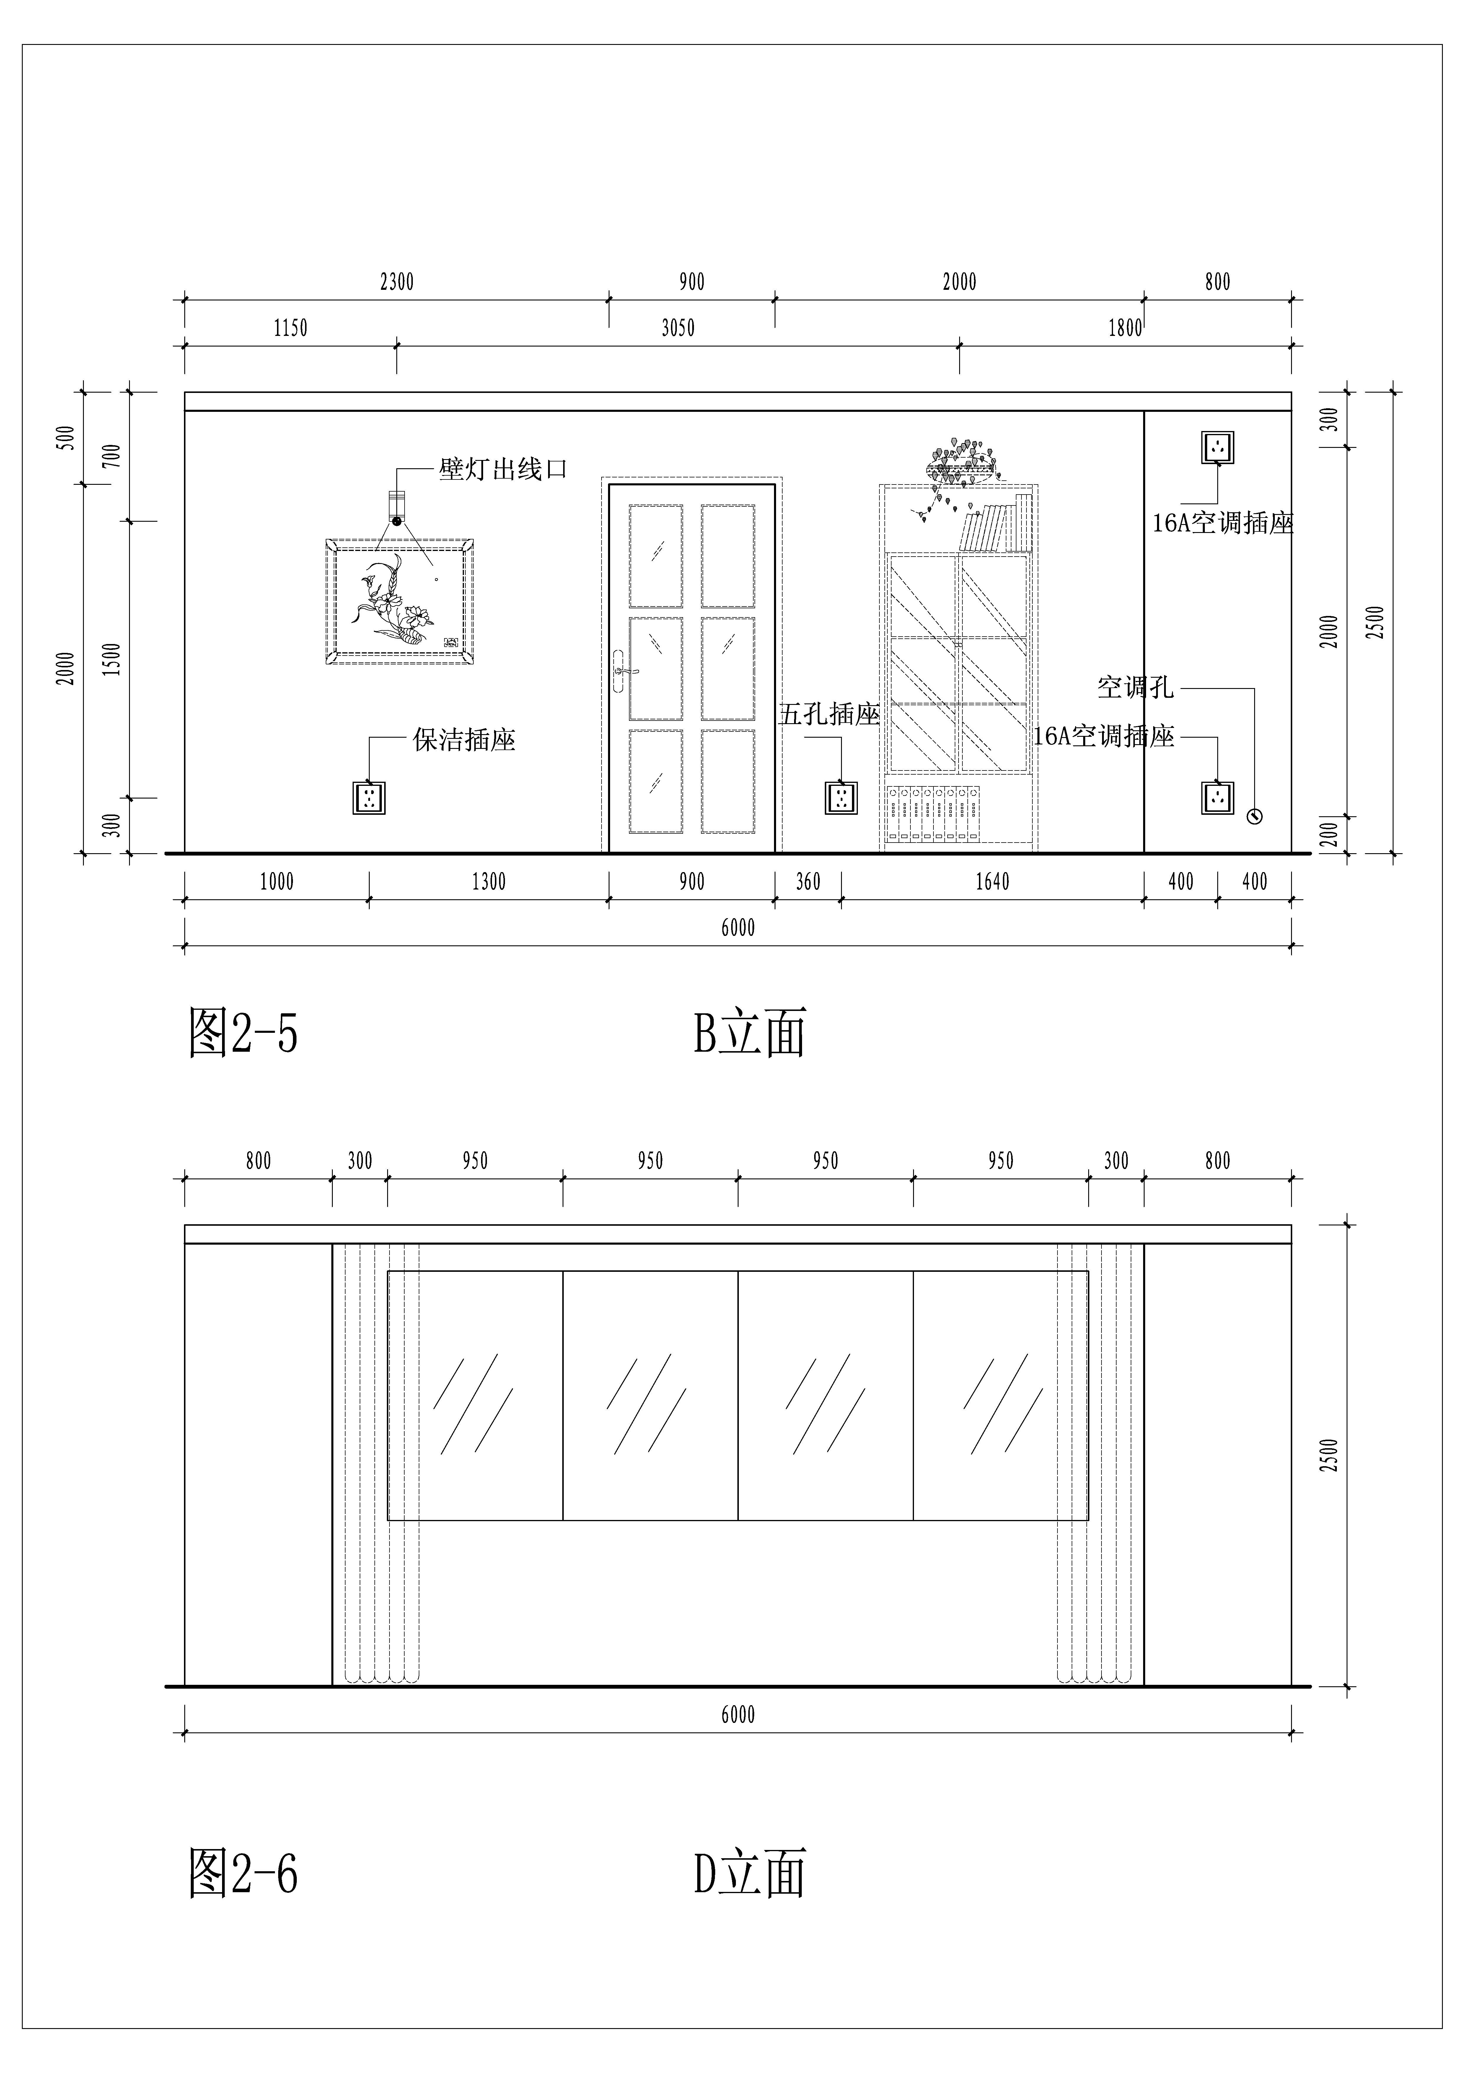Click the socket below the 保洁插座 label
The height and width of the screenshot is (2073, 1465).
pos(369,797)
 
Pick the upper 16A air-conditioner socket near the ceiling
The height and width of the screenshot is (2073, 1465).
pos(1218,447)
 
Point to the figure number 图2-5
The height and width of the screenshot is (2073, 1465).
pos(243,1033)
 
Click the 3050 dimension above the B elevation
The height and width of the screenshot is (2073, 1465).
pos(678,328)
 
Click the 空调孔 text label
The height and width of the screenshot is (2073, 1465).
pos(1135,688)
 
